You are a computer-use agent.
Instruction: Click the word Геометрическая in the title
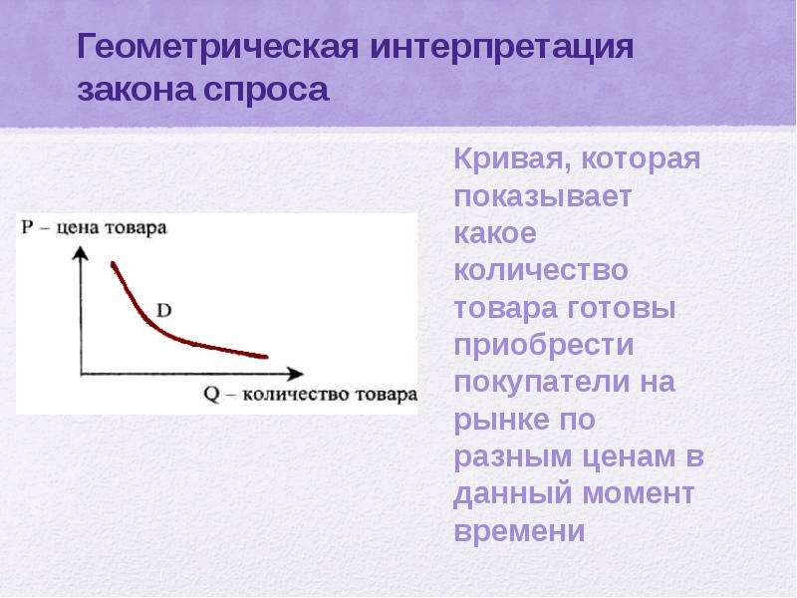click(218, 48)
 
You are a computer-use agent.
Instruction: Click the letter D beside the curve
click(163, 310)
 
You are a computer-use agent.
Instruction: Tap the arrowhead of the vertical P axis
click(81, 253)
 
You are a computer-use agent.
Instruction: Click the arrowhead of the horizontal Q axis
click(296, 374)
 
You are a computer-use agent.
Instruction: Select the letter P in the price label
click(27, 227)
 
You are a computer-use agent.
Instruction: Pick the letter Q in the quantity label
click(212, 395)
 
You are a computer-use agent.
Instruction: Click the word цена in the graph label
click(77, 228)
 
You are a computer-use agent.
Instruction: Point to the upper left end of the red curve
click(113, 263)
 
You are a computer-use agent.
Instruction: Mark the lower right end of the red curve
click(266, 357)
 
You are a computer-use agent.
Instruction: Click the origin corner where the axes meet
click(81, 375)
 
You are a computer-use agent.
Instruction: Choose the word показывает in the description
click(543, 195)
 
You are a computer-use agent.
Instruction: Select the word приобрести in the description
click(544, 346)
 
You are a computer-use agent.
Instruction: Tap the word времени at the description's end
click(519, 531)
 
